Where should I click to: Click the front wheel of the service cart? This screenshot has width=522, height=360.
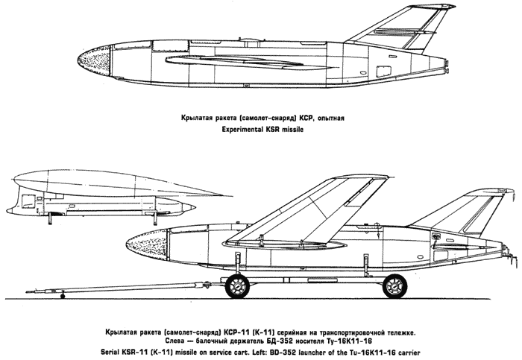[x=237, y=285]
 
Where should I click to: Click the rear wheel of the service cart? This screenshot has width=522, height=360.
[x=394, y=285]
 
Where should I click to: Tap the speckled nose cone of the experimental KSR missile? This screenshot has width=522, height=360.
[x=95, y=60]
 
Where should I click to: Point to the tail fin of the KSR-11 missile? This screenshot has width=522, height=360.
[x=466, y=213]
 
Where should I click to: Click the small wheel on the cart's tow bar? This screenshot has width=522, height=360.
[x=62, y=296]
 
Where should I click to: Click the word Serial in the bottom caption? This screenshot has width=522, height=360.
[x=110, y=352]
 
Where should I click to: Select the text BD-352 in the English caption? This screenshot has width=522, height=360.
[x=285, y=352]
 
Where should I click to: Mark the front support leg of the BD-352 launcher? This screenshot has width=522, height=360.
[x=155, y=218]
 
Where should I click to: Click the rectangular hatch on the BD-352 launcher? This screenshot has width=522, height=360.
[x=28, y=202]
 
